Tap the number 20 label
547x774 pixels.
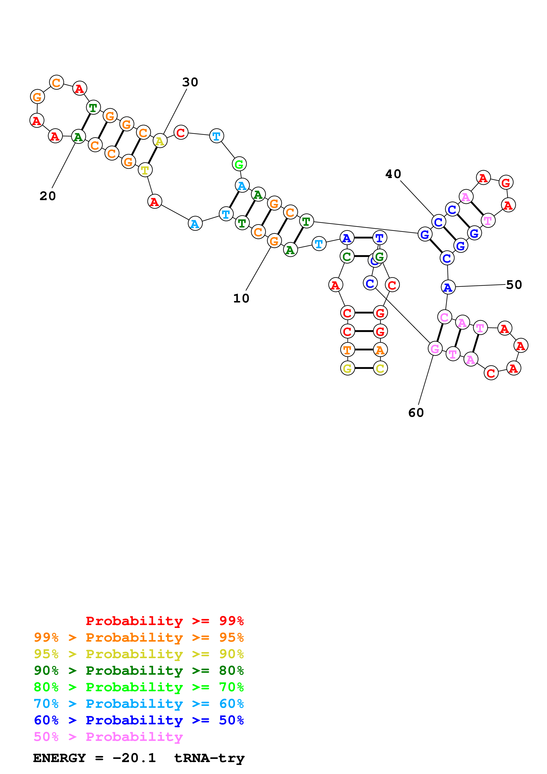tap(47, 196)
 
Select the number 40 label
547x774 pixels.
tap(393, 174)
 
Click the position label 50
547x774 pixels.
tap(514, 285)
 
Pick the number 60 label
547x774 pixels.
tap(416, 413)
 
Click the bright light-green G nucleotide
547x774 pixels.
tap(239, 164)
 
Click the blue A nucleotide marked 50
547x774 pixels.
tap(448, 287)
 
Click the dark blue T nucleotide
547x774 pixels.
tap(380, 238)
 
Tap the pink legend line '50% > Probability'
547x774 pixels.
tap(108, 736)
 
